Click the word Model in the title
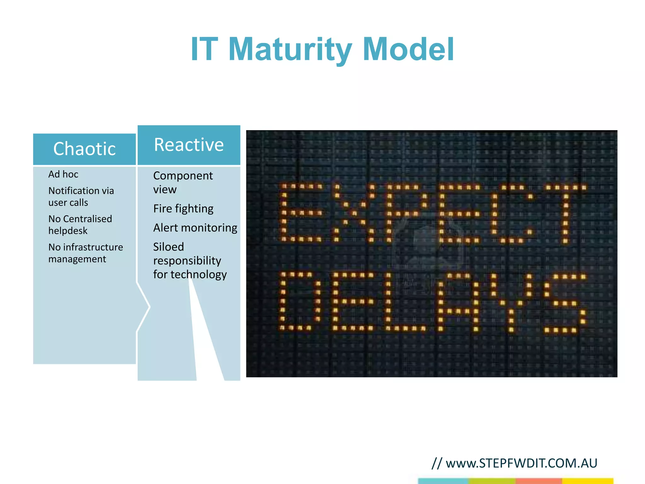(x=408, y=50)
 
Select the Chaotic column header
(x=84, y=149)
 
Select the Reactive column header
(x=189, y=145)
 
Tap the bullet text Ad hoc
(x=63, y=174)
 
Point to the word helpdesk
(x=68, y=231)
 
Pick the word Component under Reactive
(x=183, y=176)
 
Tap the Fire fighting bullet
(x=183, y=209)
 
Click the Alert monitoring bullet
(x=195, y=228)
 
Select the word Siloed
(x=168, y=247)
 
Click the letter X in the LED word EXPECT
(x=354, y=213)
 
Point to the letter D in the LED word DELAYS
(x=300, y=301)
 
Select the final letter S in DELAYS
(x=564, y=303)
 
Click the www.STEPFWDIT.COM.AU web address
(x=521, y=463)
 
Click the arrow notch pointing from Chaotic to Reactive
(x=145, y=307)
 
